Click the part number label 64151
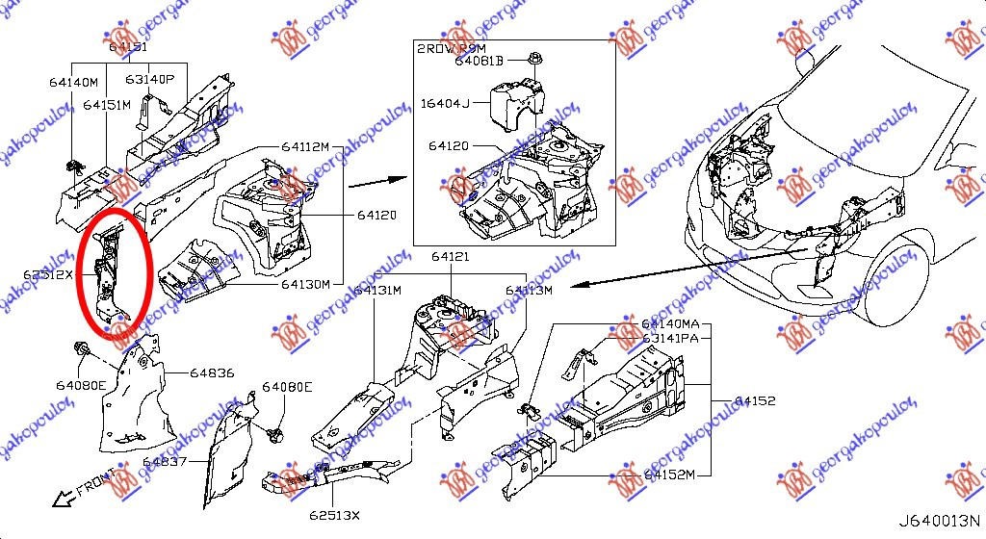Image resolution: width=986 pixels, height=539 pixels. tap(128, 46)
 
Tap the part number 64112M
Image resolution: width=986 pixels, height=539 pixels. tap(305, 146)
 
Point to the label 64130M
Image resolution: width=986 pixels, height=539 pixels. tap(305, 284)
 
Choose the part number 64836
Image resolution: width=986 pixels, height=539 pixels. tap(210, 372)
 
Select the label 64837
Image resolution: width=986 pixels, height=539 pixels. tap(166, 462)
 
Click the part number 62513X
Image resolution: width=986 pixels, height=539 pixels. tap(334, 515)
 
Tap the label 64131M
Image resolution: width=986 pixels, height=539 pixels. tap(377, 290)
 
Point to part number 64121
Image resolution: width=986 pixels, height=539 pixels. tap(450, 257)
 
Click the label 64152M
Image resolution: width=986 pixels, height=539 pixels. tap(672, 475)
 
